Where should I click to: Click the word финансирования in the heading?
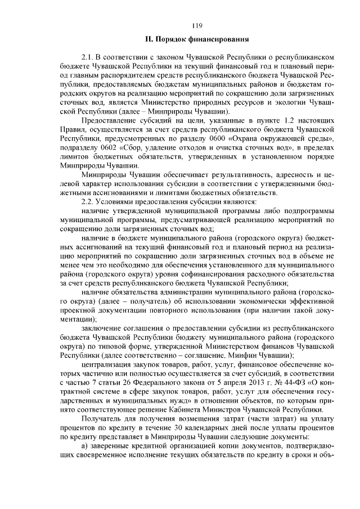(216, 39)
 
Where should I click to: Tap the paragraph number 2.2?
(88, 201)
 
